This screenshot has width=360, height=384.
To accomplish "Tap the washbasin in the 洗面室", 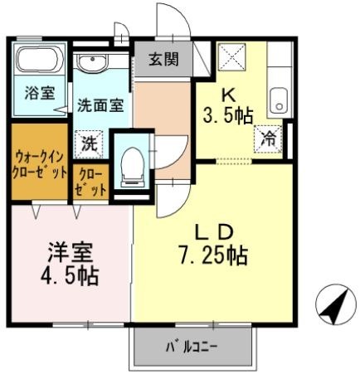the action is [x=92, y=62].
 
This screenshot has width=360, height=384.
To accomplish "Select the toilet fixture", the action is [x=132, y=168].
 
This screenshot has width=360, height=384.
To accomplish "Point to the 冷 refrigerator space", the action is [x=268, y=139].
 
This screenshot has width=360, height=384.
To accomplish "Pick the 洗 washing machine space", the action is [x=89, y=144].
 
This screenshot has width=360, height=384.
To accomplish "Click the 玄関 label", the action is [x=164, y=59].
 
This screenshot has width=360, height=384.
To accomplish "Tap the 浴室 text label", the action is [x=40, y=93].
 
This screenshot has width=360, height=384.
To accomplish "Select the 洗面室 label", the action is [x=100, y=105].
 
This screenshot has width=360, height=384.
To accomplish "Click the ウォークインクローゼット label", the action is [x=40, y=165].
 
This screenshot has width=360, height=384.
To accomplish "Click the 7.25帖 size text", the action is [x=213, y=255].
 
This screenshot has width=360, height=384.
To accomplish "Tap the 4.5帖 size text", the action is [x=70, y=276].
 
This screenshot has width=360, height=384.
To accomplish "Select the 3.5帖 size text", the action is [x=228, y=115].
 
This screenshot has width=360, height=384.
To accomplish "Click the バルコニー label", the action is [x=192, y=346].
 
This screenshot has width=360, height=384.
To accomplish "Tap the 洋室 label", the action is [x=70, y=253].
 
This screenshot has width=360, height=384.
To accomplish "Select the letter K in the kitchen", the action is [x=229, y=96].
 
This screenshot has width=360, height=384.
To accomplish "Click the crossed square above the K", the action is [x=231, y=56].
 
